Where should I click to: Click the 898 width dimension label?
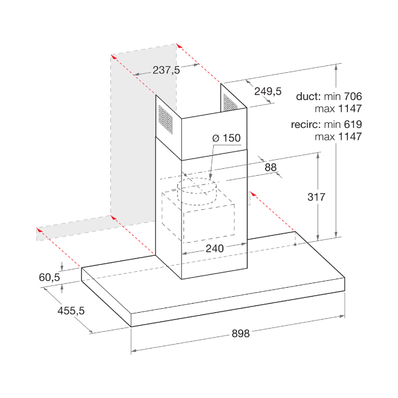[241, 333]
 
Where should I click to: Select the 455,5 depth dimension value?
[71, 310]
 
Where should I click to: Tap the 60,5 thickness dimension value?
[49, 277]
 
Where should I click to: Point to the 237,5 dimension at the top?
[166, 70]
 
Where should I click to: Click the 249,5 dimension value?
[268, 91]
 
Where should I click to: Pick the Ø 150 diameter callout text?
[226, 138]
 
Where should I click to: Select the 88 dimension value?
[271, 168]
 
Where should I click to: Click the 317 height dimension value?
[316, 197]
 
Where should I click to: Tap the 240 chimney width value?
[215, 248]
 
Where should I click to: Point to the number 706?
[353, 97]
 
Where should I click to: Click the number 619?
[353, 125]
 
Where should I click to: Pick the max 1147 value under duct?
[338, 109]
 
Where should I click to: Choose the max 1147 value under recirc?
[338, 137]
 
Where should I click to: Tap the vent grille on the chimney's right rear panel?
[230, 102]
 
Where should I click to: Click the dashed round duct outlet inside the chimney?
[197, 191]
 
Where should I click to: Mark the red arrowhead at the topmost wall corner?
[179, 45]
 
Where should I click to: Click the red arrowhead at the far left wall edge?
[39, 230]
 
